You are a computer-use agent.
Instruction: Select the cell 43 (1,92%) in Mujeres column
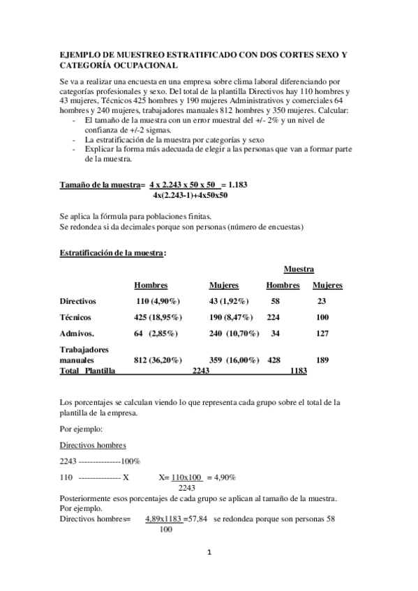(x=231, y=301)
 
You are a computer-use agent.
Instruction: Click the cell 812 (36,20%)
(x=158, y=360)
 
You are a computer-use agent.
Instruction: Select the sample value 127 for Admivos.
(x=322, y=333)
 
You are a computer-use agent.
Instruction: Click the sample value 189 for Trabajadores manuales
(x=322, y=360)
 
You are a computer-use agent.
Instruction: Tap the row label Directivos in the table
(x=78, y=301)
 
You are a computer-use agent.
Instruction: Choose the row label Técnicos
(x=76, y=317)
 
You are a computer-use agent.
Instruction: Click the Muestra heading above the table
(x=299, y=269)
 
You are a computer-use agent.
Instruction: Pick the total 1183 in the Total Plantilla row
(x=297, y=371)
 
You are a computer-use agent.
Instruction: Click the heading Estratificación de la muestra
(x=113, y=253)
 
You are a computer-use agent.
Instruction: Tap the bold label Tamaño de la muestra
(x=100, y=185)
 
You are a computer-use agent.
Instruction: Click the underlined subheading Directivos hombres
(x=93, y=445)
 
